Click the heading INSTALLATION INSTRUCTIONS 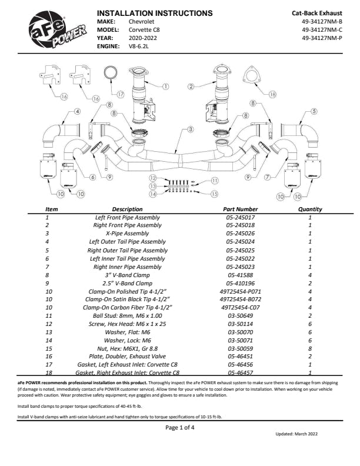tap(154, 12)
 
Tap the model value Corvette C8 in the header tap(144, 29)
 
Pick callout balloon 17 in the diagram tap(120, 94)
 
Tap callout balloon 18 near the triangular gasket tap(272, 94)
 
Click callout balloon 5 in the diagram tap(314, 111)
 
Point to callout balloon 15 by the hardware tap(214, 193)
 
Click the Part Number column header tap(240, 209)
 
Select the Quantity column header tap(310, 209)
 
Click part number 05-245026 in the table tap(240, 234)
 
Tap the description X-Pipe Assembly tap(127, 234)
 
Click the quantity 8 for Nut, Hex tap(310, 348)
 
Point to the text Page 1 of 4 tap(180, 427)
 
